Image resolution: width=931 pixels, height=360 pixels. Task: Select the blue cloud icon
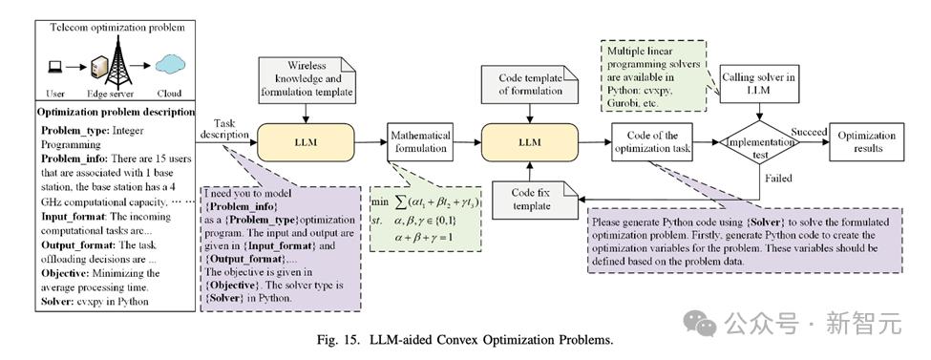coord(170,63)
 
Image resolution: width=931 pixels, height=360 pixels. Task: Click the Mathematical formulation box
coord(419,141)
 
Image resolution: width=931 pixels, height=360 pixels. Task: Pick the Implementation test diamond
coord(756,142)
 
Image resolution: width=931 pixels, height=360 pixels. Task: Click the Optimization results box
coord(867,141)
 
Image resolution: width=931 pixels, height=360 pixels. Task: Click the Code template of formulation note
coord(530,84)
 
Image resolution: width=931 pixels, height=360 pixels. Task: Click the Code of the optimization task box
coord(652,142)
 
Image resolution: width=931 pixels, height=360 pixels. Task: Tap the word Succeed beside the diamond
coord(809,133)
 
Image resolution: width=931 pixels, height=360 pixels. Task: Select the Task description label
coord(224,128)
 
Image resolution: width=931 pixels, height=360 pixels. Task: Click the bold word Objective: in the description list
coord(64,273)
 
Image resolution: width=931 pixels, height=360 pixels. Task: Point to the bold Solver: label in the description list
coord(56,301)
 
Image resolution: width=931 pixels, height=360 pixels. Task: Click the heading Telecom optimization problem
coord(116,28)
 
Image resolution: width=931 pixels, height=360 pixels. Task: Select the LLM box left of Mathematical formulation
coord(307,142)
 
